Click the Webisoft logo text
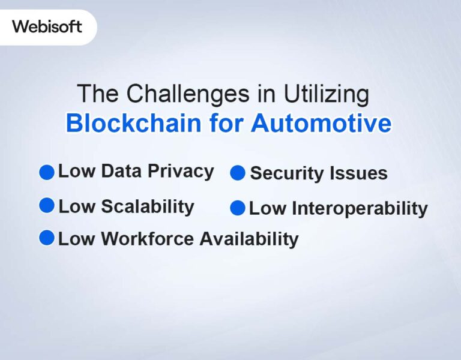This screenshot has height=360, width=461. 47,27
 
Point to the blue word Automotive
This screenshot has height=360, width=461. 321,123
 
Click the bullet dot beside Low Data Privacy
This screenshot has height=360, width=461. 47,173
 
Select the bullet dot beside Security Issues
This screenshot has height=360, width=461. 238,173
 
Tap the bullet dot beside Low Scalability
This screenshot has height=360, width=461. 47,206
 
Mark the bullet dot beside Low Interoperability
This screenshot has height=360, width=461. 238,208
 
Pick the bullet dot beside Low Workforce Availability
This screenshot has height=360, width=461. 47,238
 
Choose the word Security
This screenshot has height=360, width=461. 283,173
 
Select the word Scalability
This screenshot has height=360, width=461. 147,206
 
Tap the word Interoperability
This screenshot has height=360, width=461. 360,209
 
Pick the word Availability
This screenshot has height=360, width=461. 249,239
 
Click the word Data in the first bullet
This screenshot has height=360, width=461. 121,171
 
